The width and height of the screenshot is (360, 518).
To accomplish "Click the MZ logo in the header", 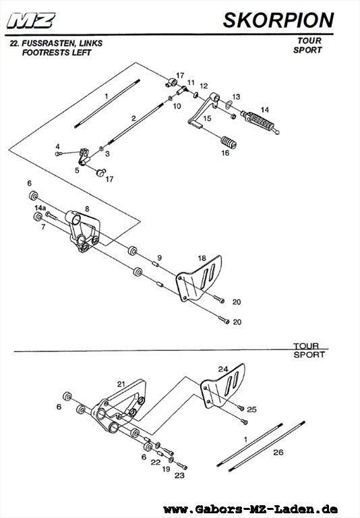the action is click(x=31, y=20).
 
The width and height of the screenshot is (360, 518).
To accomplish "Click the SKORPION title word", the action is click(x=278, y=20).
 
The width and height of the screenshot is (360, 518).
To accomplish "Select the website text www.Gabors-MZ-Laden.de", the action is click(x=251, y=509).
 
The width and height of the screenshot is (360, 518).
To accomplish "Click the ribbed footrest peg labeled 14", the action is click(x=260, y=121).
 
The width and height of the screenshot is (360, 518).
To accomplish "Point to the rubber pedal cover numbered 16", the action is click(x=229, y=142).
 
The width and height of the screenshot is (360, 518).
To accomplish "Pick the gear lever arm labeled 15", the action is click(x=204, y=110).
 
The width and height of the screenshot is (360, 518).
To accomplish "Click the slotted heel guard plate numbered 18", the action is click(x=198, y=278).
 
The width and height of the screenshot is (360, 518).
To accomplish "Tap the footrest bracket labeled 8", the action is click(x=84, y=231).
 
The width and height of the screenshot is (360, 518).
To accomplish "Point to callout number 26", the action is click(x=278, y=452).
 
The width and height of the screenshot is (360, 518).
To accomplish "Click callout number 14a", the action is click(x=40, y=208).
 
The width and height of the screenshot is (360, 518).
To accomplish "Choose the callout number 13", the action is click(x=236, y=97).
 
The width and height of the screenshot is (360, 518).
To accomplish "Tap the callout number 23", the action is click(x=179, y=476).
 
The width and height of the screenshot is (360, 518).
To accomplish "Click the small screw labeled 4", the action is click(x=59, y=154).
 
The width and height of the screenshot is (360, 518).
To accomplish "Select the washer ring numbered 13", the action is click(x=228, y=105).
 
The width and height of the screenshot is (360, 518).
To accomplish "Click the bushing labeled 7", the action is click(x=38, y=217).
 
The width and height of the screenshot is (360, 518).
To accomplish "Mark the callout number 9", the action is click(x=160, y=258).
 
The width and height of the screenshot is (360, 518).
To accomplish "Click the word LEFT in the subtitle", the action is click(x=82, y=53).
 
